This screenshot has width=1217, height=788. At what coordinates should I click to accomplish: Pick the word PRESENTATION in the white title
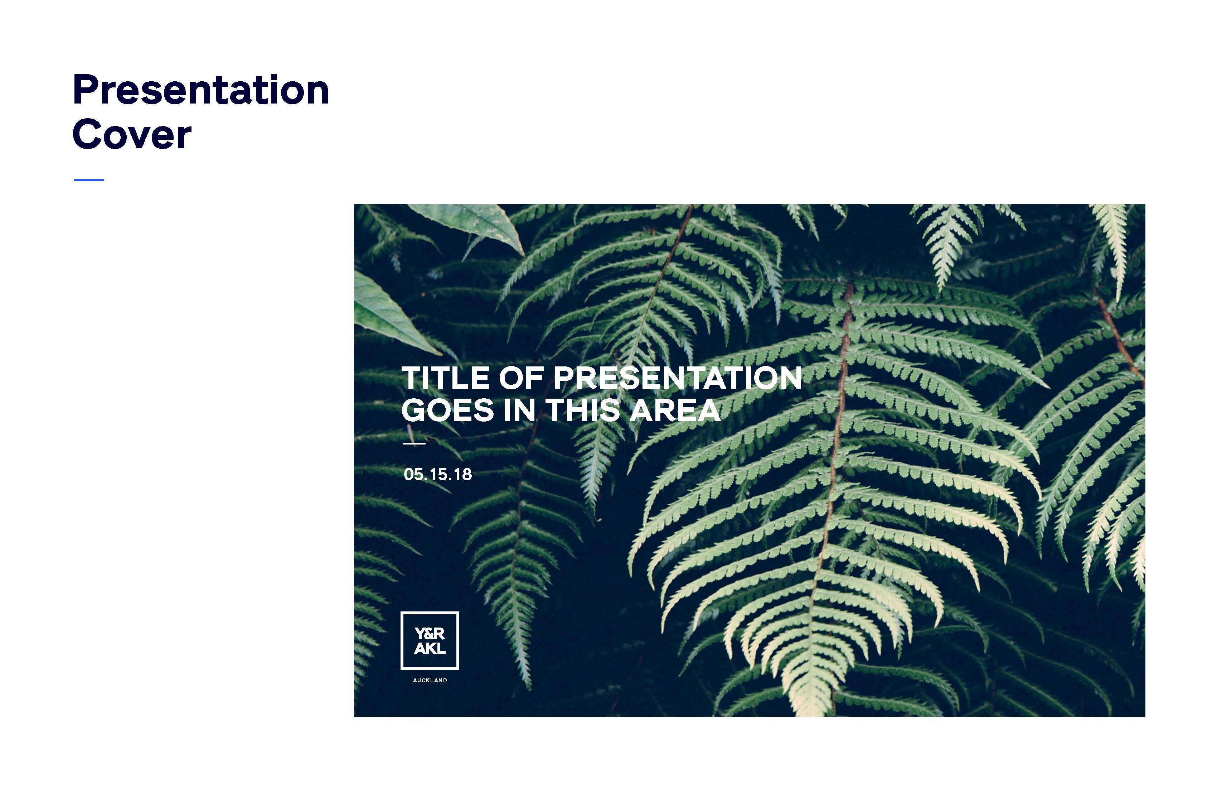pyautogui.click(x=678, y=378)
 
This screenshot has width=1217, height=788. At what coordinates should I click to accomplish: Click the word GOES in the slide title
pyautogui.click(x=448, y=410)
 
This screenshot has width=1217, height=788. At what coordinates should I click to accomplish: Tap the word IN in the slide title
pyautogui.click(x=519, y=410)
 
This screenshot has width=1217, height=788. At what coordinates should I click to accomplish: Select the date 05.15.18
pyautogui.click(x=438, y=474)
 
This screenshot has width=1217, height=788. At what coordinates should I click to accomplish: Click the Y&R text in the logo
pyautogui.click(x=430, y=634)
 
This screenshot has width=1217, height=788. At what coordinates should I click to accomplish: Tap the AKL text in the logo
pyautogui.click(x=430, y=649)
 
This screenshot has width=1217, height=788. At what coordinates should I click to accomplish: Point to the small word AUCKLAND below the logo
pyautogui.click(x=430, y=681)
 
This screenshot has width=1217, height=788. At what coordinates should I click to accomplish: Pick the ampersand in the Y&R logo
pyautogui.click(x=430, y=634)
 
